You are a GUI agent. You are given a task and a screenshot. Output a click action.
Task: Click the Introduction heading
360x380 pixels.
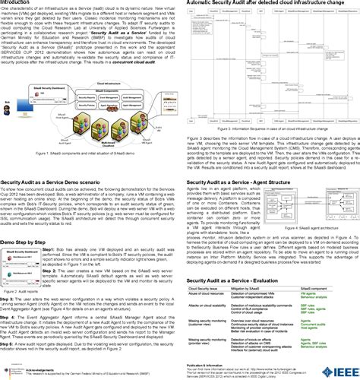point(22,3)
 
